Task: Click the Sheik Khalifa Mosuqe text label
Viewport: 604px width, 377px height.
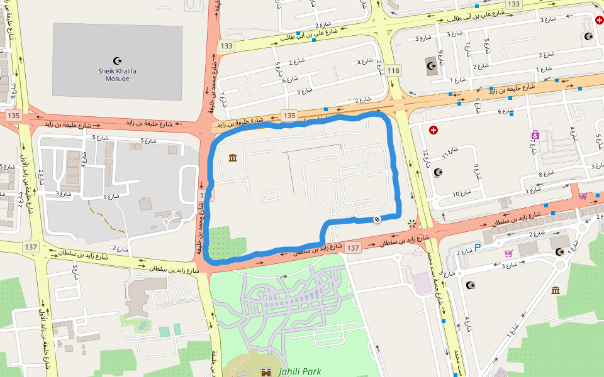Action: click(x=117, y=75)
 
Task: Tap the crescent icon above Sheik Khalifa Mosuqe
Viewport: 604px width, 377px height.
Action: click(x=117, y=61)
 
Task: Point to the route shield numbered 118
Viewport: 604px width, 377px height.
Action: click(x=394, y=70)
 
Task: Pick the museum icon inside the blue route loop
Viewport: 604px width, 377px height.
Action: click(x=233, y=157)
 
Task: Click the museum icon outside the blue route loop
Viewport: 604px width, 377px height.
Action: click(x=556, y=290)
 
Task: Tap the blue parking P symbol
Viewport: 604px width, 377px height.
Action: click(x=477, y=248)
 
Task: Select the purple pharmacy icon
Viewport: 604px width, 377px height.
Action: click(x=535, y=134)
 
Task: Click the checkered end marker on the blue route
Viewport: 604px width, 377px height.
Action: click(x=376, y=219)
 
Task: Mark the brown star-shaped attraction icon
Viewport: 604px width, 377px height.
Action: click(x=412, y=223)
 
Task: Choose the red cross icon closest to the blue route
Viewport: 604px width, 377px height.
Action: click(x=433, y=130)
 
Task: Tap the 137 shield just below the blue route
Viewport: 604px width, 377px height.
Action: click(x=353, y=248)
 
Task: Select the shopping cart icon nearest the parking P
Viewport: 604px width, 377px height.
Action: click(x=508, y=253)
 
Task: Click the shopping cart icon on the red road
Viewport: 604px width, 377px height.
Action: click(x=583, y=196)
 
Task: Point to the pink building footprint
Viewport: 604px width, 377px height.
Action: click(x=422, y=281)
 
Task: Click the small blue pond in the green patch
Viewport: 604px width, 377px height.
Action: click(x=143, y=326)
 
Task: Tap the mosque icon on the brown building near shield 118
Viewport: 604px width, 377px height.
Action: click(x=432, y=65)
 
